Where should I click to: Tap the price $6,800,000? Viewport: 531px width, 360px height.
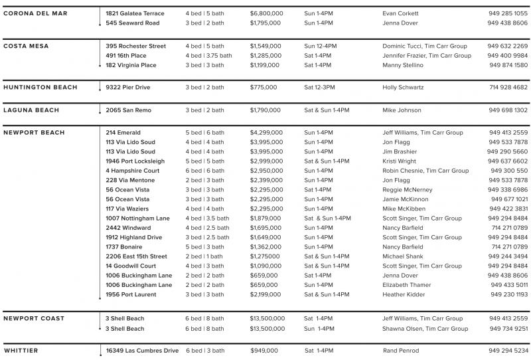coord(268,13)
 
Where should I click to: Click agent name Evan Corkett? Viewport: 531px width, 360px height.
coord(401,13)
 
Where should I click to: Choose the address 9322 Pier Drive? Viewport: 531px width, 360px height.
coord(127,87)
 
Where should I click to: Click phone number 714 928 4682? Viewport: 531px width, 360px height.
coord(508,87)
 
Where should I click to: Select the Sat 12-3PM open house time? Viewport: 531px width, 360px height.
coord(319,87)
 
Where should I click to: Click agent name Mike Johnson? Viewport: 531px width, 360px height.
coord(402,110)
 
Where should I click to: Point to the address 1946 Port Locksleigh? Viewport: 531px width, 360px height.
coord(135,161)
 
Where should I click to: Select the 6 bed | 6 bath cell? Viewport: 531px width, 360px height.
coord(204,171)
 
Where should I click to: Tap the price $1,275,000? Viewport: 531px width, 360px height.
coord(265,256)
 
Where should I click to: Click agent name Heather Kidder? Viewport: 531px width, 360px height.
coord(404,294)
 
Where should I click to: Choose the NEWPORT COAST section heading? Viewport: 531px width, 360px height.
coord(34,318)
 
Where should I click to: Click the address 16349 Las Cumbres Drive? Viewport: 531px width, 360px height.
coord(142,351)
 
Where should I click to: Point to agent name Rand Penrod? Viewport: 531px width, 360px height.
coord(402,351)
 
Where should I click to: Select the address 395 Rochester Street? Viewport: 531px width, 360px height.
coord(135,46)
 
